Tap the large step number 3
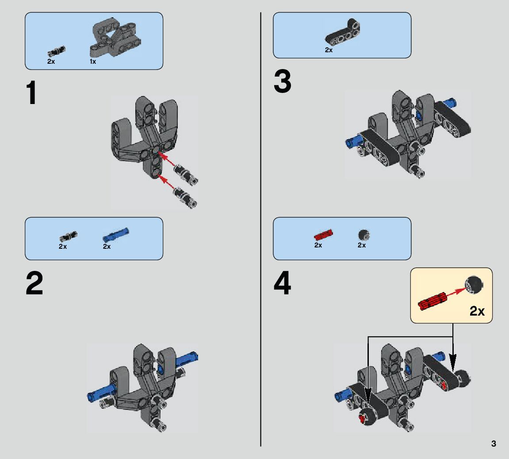(x=283, y=82)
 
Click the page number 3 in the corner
(x=494, y=444)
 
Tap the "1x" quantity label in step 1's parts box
(x=93, y=62)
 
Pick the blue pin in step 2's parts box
(x=116, y=233)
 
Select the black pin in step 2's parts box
(x=69, y=235)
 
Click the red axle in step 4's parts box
(x=323, y=234)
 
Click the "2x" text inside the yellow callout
(x=477, y=311)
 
